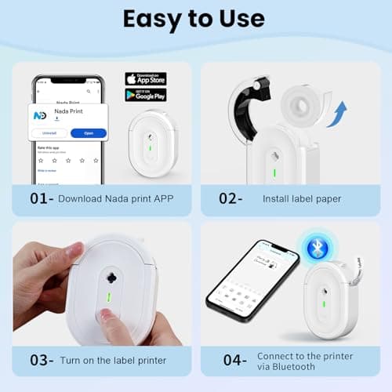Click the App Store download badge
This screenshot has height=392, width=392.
(146, 78)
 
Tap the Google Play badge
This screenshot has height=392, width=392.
(146, 95)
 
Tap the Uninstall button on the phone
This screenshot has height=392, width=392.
(50, 133)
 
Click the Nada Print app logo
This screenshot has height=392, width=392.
(40, 114)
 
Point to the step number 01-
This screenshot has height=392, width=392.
(42, 198)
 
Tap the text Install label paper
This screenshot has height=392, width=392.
(302, 199)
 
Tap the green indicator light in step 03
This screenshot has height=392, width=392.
(105, 300)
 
